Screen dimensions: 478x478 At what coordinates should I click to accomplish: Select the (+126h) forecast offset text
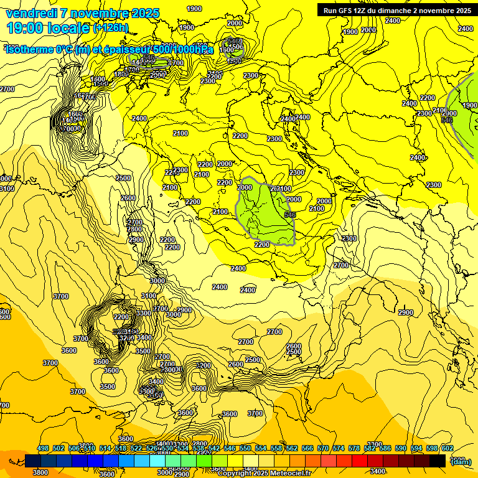point(110,28)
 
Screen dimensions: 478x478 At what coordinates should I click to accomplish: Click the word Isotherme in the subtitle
point(30,49)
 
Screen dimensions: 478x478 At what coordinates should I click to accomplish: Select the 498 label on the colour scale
point(43,448)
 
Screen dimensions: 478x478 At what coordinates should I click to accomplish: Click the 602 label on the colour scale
point(448,448)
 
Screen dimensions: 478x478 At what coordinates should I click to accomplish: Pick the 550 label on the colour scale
point(245,448)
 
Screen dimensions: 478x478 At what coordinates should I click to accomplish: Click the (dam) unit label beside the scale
point(461,461)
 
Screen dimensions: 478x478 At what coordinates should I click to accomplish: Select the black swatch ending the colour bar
point(438,461)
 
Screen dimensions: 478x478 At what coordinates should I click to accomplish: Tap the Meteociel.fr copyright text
point(265,473)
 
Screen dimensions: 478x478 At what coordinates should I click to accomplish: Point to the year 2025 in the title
point(146,13)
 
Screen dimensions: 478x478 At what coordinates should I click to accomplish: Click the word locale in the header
point(68,28)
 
